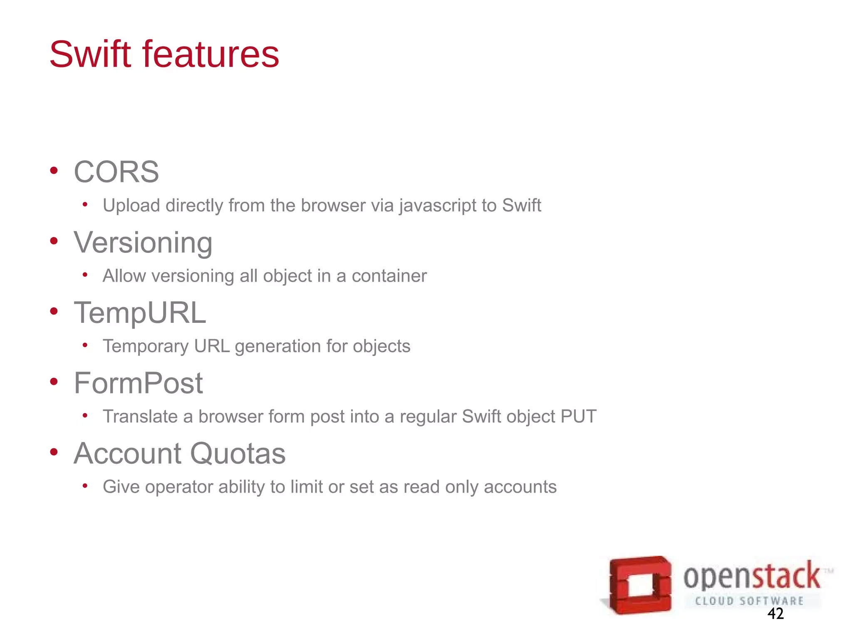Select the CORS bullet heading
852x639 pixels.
[x=116, y=172]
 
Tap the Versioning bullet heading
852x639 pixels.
[x=143, y=243]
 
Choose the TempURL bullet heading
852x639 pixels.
[x=140, y=313]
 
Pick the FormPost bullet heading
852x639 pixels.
[x=139, y=383]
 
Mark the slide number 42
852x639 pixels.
[x=775, y=614]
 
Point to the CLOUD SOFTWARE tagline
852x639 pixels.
[x=749, y=601]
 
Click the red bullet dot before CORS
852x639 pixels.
[x=54, y=170]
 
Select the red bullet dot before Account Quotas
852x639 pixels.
[x=54, y=452]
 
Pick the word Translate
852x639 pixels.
[x=140, y=416]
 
